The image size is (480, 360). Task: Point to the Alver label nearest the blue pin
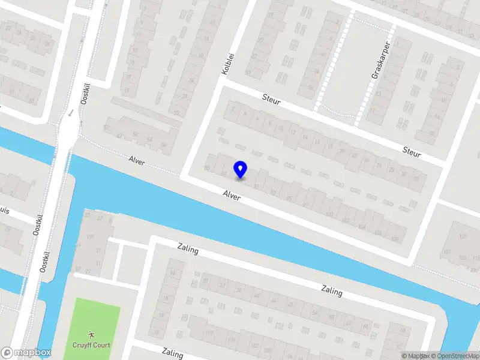pyautogui.click(x=232, y=195)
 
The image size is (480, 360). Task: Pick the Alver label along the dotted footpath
pyautogui.click(x=137, y=160)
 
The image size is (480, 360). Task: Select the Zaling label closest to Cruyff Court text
pyautogui.click(x=172, y=352)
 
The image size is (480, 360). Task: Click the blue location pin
pyautogui.click(x=241, y=169)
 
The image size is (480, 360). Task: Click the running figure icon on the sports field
pyautogui.click(x=91, y=334)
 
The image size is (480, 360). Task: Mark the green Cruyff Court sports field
pyautogui.click(x=96, y=321)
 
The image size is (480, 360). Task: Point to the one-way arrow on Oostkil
pyautogui.click(x=71, y=112)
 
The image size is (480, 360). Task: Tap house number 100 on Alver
pyautogui.click(x=329, y=214)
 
